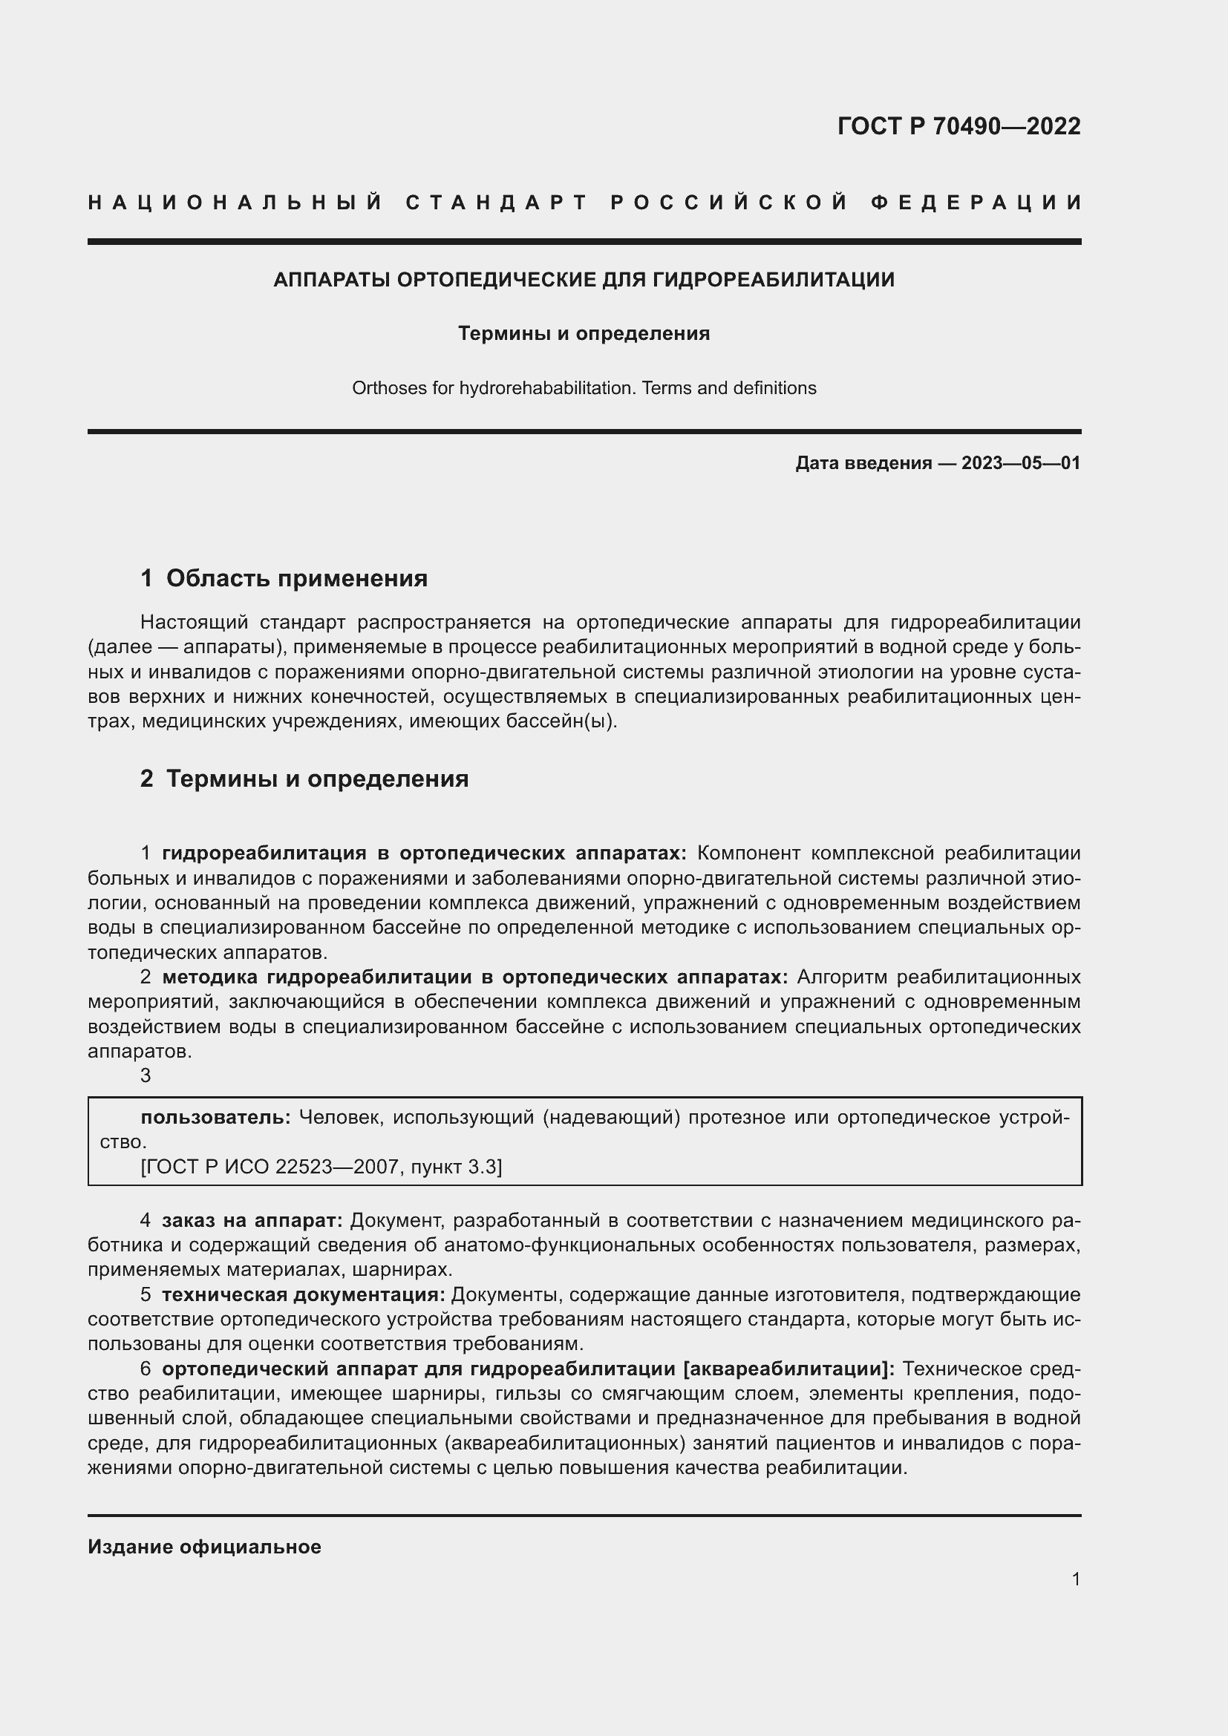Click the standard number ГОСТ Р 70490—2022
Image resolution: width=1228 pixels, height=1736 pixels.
[958, 126]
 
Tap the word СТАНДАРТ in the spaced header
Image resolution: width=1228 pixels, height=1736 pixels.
[497, 203]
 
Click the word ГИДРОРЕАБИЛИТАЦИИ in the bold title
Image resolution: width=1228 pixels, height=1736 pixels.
[773, 280]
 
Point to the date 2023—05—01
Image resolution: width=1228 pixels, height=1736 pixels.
[1021, 462]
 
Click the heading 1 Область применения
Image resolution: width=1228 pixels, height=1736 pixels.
[284, 578]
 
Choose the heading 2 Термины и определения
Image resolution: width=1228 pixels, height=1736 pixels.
[304, 779]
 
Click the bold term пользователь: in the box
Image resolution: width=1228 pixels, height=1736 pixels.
[215, 1118]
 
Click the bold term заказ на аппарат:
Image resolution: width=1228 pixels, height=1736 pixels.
[252, 1220]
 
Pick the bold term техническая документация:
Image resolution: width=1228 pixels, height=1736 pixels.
[303, 1294]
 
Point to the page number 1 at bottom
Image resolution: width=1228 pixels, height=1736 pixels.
[1075, 1579]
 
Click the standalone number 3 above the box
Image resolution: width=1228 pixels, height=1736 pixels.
[146, 1075]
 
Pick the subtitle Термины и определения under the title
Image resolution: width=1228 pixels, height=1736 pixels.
[584, 333]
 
